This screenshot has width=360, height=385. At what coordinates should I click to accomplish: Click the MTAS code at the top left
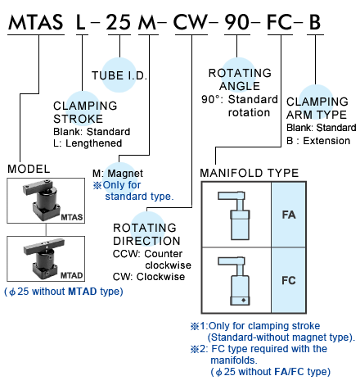click(x=36, y=22)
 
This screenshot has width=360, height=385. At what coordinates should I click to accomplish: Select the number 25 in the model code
click(x=119, y=22)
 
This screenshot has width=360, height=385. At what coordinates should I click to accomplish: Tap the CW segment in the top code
click(x=191, y=22)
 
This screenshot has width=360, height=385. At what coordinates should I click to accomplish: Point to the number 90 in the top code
click(x=237, y=22)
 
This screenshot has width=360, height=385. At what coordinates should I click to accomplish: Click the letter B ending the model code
click(x=315, y=22)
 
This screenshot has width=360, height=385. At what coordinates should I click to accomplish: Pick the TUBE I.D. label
click(x=119, y=75)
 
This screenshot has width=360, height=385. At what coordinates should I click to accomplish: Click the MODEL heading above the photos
click(x=29, y=169)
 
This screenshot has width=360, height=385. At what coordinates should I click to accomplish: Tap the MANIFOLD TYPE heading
click(x=250, y=173)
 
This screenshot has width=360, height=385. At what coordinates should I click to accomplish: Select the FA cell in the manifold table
click(x=289, y=215)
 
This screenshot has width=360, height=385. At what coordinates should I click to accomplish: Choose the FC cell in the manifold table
click(x=289, y=280)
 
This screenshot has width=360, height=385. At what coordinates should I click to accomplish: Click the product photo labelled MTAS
click(x=46, y=201)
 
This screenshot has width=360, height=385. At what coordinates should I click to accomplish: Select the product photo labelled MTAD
click(x=46, y=259)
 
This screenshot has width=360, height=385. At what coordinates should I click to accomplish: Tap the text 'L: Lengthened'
click(x=88, y=143)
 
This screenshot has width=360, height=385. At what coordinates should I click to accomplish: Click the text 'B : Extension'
click(x=318, y=141)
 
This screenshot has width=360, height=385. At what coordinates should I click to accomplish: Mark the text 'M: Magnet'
click(x=118, y=174)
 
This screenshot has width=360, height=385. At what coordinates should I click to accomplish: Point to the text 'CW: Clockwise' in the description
click(x=149, y=277)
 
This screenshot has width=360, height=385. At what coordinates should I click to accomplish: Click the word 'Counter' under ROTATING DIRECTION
click(x=164, y=254)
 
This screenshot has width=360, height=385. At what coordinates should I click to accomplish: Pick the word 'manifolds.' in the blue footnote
click(x=234, y=360)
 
